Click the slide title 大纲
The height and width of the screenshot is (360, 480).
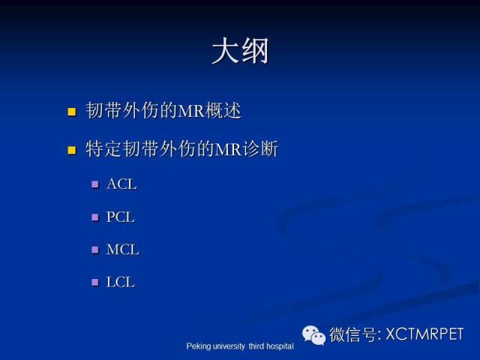[240, 51]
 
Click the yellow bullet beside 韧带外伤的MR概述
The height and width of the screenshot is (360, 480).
[72, 112]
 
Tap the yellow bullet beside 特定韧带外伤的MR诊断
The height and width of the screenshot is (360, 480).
[72, 150]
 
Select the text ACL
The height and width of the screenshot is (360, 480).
[121, 184]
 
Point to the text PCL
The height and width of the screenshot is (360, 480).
[120, 217]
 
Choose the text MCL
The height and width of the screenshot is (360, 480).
[122, 250]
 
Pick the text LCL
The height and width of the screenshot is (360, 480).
[120, 282]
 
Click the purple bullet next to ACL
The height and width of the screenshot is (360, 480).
[95, 184]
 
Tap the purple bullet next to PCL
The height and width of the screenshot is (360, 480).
[95, 217]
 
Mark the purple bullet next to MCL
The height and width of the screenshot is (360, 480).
[95, 250]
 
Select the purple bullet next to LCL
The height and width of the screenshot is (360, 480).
[95, 282]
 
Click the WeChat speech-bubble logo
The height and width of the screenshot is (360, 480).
[313, 335]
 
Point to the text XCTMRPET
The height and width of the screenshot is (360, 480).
[424, 334]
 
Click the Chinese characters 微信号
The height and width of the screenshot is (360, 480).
[353, 334]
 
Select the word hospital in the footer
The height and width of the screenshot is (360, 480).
[280, 346]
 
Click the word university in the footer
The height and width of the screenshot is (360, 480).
[229, 346]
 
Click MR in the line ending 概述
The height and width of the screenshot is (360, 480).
[191, 110]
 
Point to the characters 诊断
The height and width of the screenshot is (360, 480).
[260, 149]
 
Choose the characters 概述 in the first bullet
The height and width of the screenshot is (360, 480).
[223, 110]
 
